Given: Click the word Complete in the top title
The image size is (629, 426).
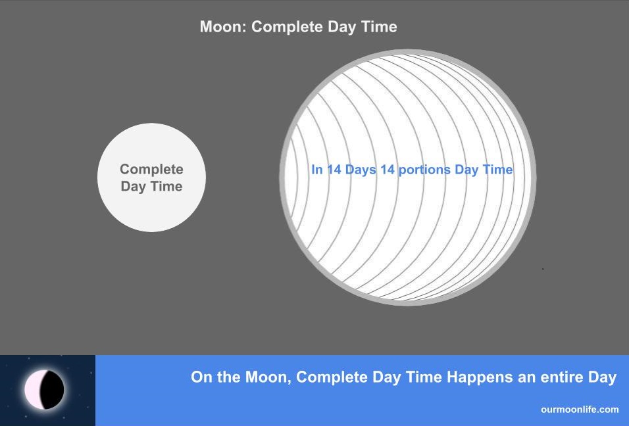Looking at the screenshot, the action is click(288, 27).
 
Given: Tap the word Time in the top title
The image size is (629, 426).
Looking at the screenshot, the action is click(379, 27).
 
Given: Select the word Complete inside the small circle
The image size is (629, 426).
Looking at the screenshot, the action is click(151, 170).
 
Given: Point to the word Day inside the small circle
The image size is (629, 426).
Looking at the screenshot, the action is click(133, 187).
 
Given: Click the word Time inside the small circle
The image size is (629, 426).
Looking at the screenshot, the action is click(166, 186).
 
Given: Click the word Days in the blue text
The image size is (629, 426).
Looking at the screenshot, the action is click(361, 170).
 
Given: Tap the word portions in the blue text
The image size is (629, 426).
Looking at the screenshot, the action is click(424, 170).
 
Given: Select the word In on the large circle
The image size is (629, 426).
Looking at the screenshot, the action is click(317, 170).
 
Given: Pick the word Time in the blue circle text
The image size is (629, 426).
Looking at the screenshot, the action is click(497, 170).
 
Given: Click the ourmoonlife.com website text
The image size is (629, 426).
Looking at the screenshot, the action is click(580, 410).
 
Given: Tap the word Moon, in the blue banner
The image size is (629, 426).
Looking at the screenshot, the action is click(268, 377).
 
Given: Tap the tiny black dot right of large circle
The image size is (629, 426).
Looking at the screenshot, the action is click(543, 269).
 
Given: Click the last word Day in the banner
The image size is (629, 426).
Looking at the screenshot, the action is click(602, 378).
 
